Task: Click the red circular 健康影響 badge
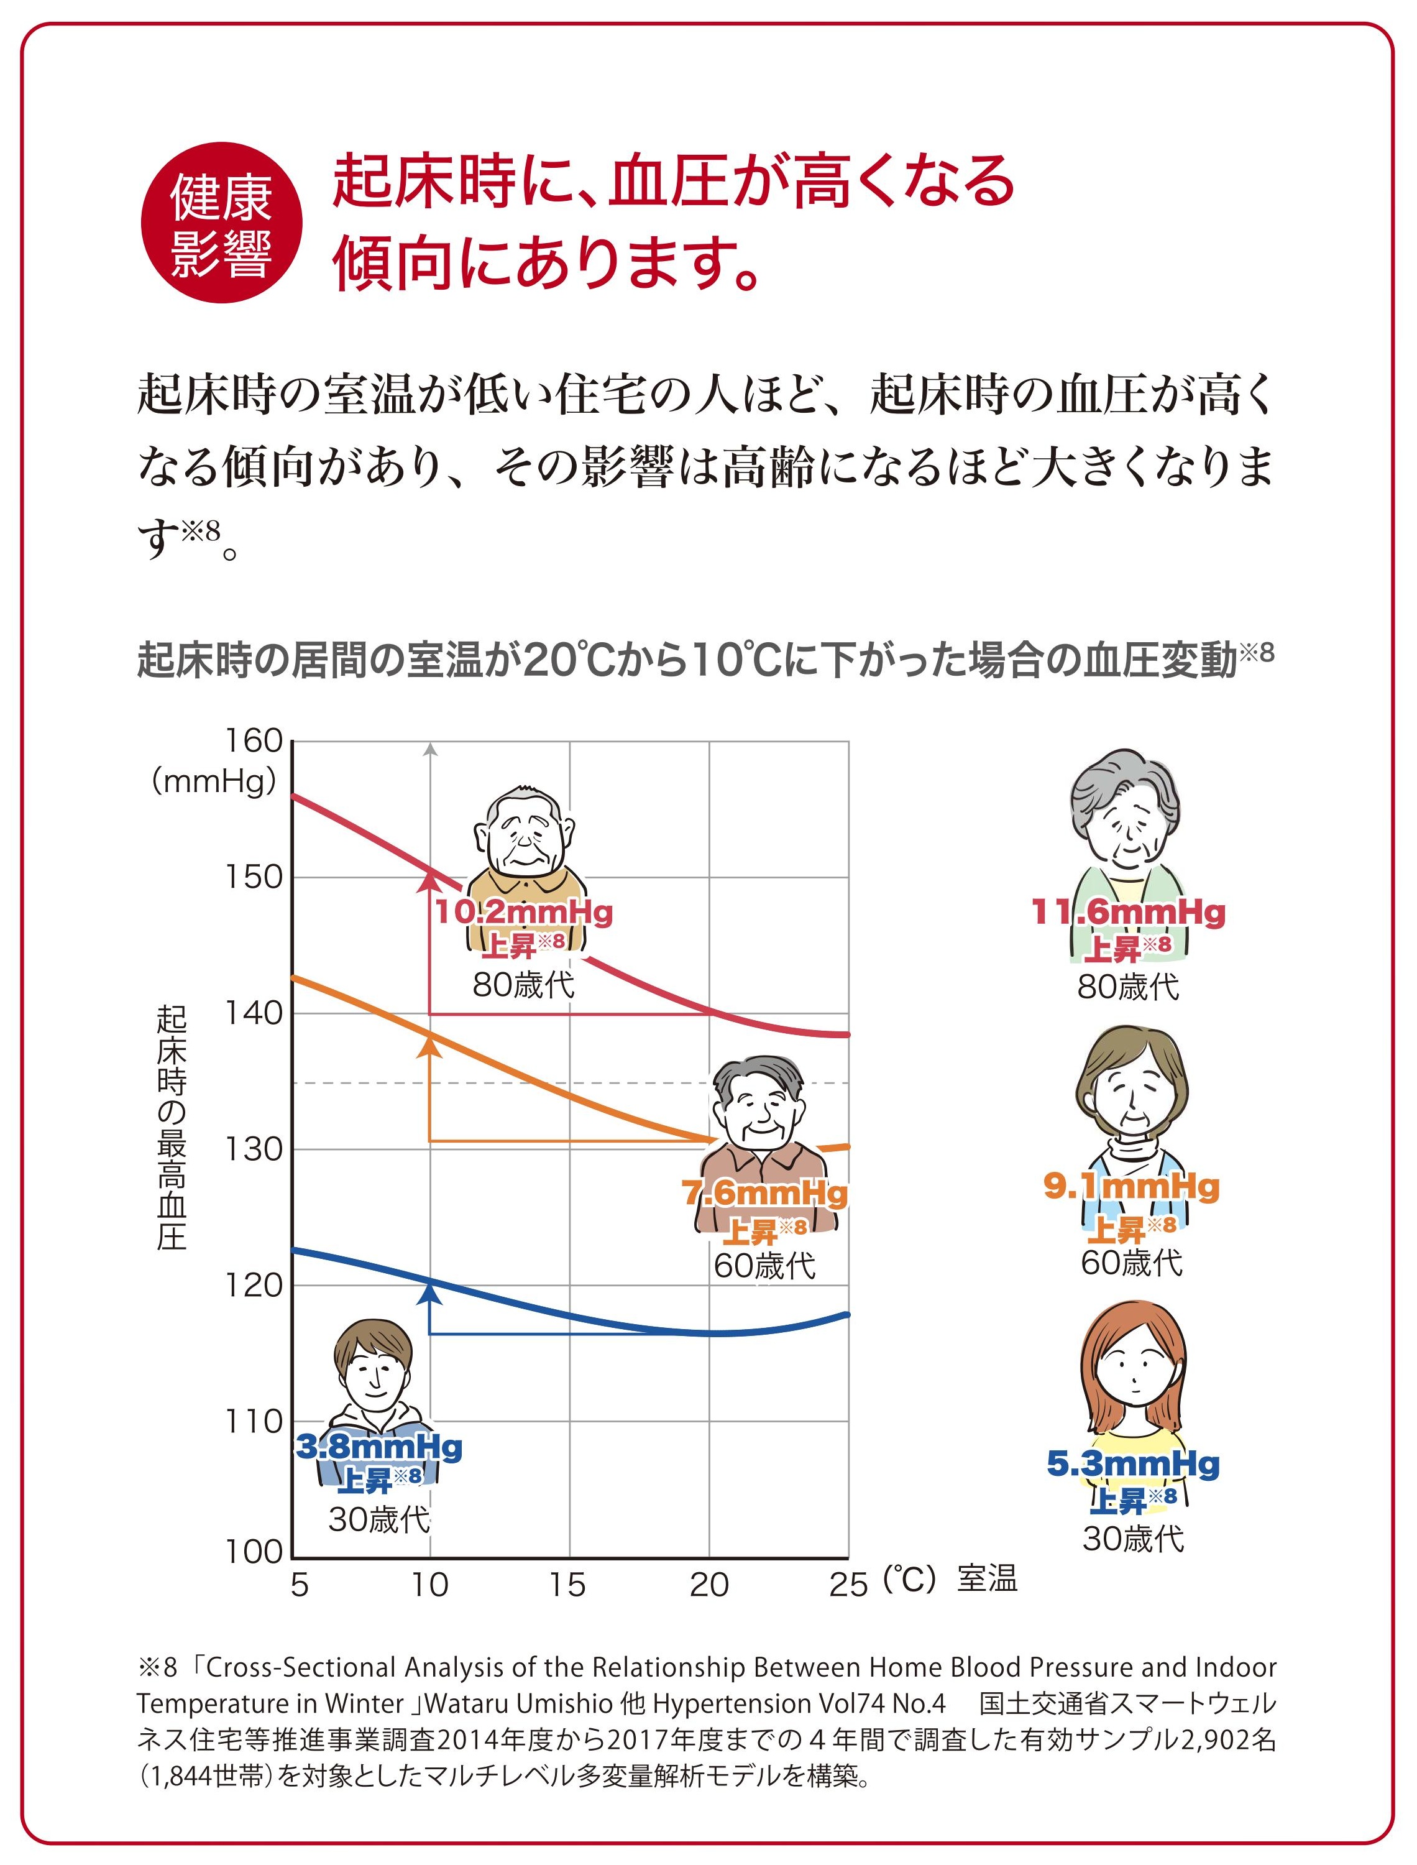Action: pos(221,223)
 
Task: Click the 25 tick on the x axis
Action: pos(848,1585)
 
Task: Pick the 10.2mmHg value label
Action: pos(524,913)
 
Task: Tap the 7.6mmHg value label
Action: pos(764,1194)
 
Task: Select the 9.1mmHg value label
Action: pos(1131,1187)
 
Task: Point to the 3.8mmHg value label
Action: pos(378,1447)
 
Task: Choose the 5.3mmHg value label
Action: pos(1133,1464)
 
